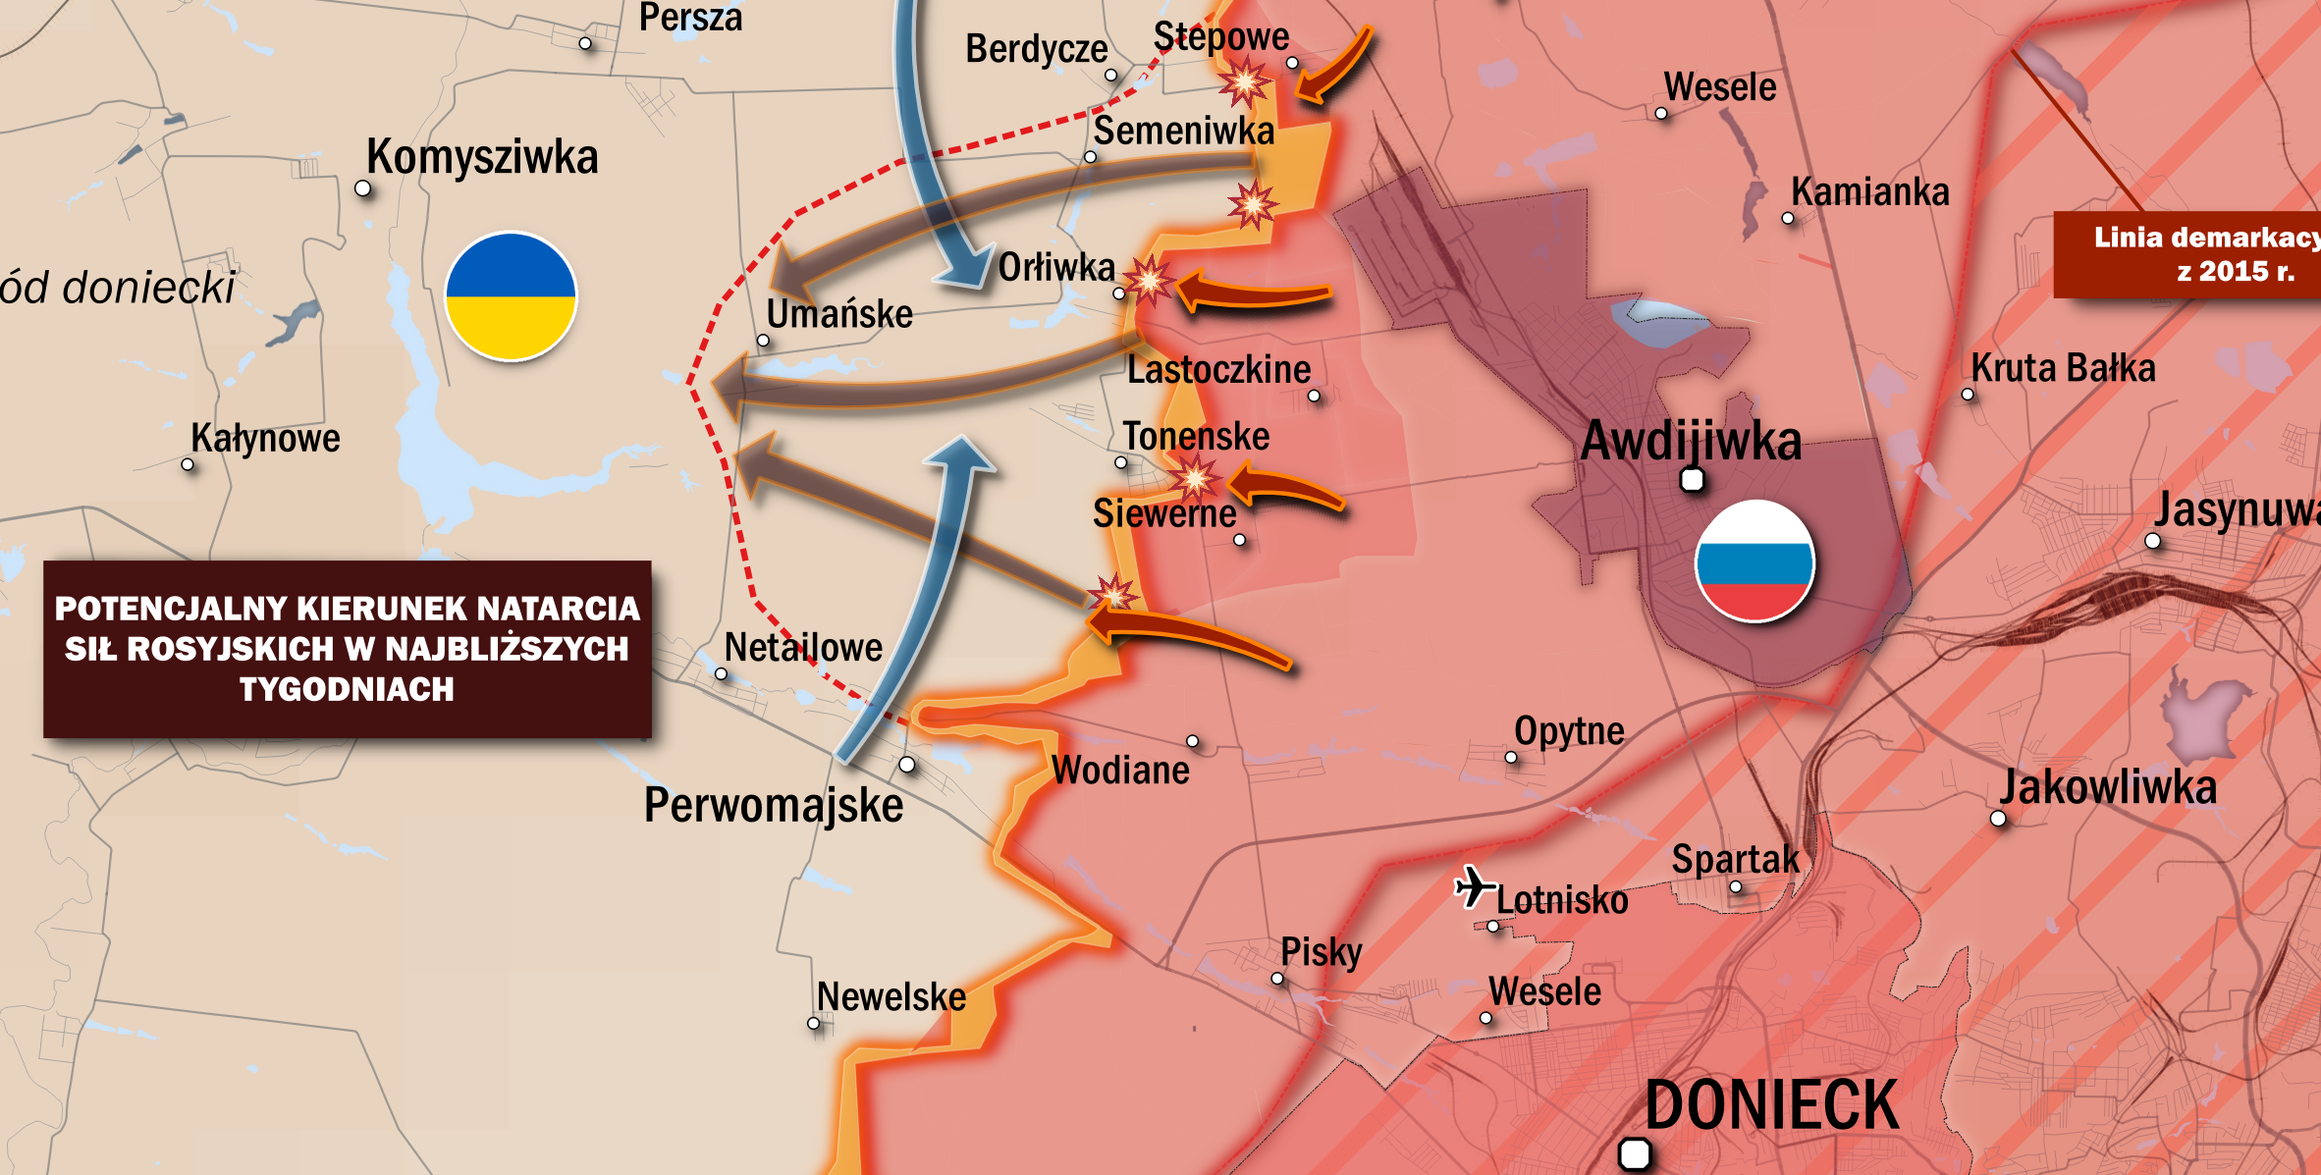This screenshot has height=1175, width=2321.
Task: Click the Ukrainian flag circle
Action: (511, 296)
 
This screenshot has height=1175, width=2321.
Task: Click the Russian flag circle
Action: (1754, 561)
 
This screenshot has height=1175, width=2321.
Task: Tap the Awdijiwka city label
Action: (1691, 441)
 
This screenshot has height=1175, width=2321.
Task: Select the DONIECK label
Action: (1771, 1105)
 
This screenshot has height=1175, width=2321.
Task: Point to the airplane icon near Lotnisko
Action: (1473, 886)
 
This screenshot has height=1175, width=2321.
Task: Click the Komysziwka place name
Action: (482, 157)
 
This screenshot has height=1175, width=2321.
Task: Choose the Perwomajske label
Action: (774, 806)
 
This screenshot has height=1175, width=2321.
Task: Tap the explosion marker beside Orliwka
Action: (1148, 282)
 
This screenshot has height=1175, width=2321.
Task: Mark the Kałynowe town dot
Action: (189, 464)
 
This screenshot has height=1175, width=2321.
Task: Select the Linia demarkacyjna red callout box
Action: (2188, 254)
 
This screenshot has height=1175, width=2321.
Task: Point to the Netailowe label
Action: (803, 648)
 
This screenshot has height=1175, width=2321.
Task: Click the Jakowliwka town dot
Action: (1998, 819)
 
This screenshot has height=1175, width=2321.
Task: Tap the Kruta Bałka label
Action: (2063, 369)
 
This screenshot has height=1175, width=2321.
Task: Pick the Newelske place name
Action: (891, 997)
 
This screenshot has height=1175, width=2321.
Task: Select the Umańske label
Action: (839, 315)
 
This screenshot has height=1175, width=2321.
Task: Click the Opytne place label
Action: (1569, 731)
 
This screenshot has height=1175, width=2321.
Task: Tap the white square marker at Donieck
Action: (1634, 1153)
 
